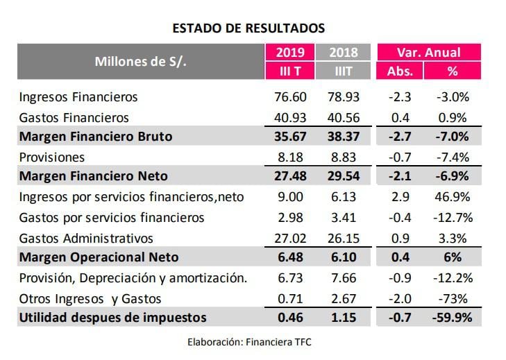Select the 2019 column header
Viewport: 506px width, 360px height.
[289, 52]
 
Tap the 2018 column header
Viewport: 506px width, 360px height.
[343, 52]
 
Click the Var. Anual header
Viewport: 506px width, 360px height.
[428, 52]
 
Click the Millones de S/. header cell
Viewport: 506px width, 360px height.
[141, 61]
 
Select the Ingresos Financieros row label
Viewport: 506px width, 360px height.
[79, 97]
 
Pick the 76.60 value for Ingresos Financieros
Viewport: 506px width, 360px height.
[289, 97]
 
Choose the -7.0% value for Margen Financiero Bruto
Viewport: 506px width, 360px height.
[453, 137]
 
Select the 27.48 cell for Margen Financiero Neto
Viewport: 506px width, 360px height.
[289, 177]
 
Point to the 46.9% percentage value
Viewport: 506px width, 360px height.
[453, 197]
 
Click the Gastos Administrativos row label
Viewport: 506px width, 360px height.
[86, 238]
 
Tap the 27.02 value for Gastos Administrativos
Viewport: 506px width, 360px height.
[289, 238]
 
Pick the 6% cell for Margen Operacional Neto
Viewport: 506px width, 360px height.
[453, 257]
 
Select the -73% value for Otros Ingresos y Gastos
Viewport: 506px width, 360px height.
[453, 298]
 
